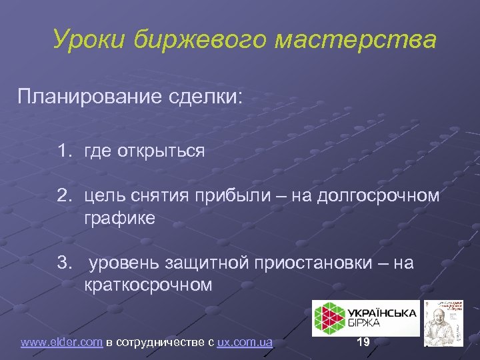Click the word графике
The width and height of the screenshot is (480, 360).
click(119, 218)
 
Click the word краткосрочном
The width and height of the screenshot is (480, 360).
click(148, 285)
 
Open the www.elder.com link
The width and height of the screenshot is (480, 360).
click(61, 343)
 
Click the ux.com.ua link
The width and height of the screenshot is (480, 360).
click(245, 343)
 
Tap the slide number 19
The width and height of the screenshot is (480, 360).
click(363, 342)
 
